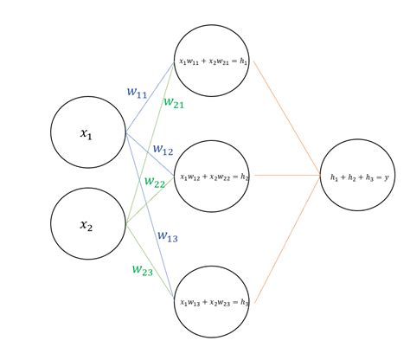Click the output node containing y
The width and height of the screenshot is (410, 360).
pyautogui.click(x=359, y=177)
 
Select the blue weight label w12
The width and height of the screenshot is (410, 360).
pyautogui.click(x=163, y=150)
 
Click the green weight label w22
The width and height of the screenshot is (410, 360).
pyautogui.click(x=155, y=183)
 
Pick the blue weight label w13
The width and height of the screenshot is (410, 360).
pyautogui.click(x=168, y=235)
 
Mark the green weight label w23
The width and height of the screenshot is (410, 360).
pyautogui.click(x=143, y=269)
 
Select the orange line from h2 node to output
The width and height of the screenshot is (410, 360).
pyautogui.click(x=285, y=175)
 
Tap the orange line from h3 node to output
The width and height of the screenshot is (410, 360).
pyautogui.click(x=285, y=242)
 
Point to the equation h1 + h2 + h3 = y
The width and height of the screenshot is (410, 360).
pyautogui.click(x=359, y=177)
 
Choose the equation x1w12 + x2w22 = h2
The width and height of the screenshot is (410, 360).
pyautogui.click(x=214, y=177)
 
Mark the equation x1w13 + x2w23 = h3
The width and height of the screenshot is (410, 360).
pyautogui.click(x=214, y=302)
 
